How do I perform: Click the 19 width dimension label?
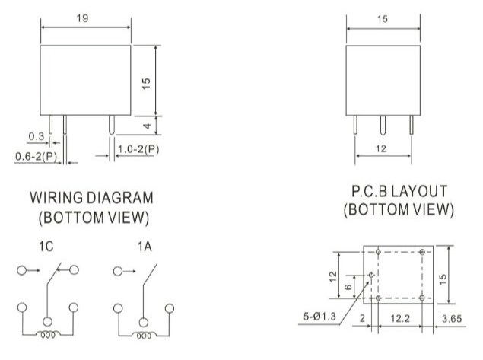(x=82, y=18)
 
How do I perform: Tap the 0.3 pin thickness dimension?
(x=37, y=136)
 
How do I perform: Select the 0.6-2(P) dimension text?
(x=36, y=157)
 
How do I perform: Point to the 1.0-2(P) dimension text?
(x=138, y=149)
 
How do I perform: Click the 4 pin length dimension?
(x=148, y=126)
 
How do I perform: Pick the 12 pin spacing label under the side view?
(x=381, y=149)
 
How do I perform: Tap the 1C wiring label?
(x=46, y=247)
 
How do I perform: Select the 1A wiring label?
(x=145, y=247)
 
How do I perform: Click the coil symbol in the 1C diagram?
(x=47, y=334)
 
